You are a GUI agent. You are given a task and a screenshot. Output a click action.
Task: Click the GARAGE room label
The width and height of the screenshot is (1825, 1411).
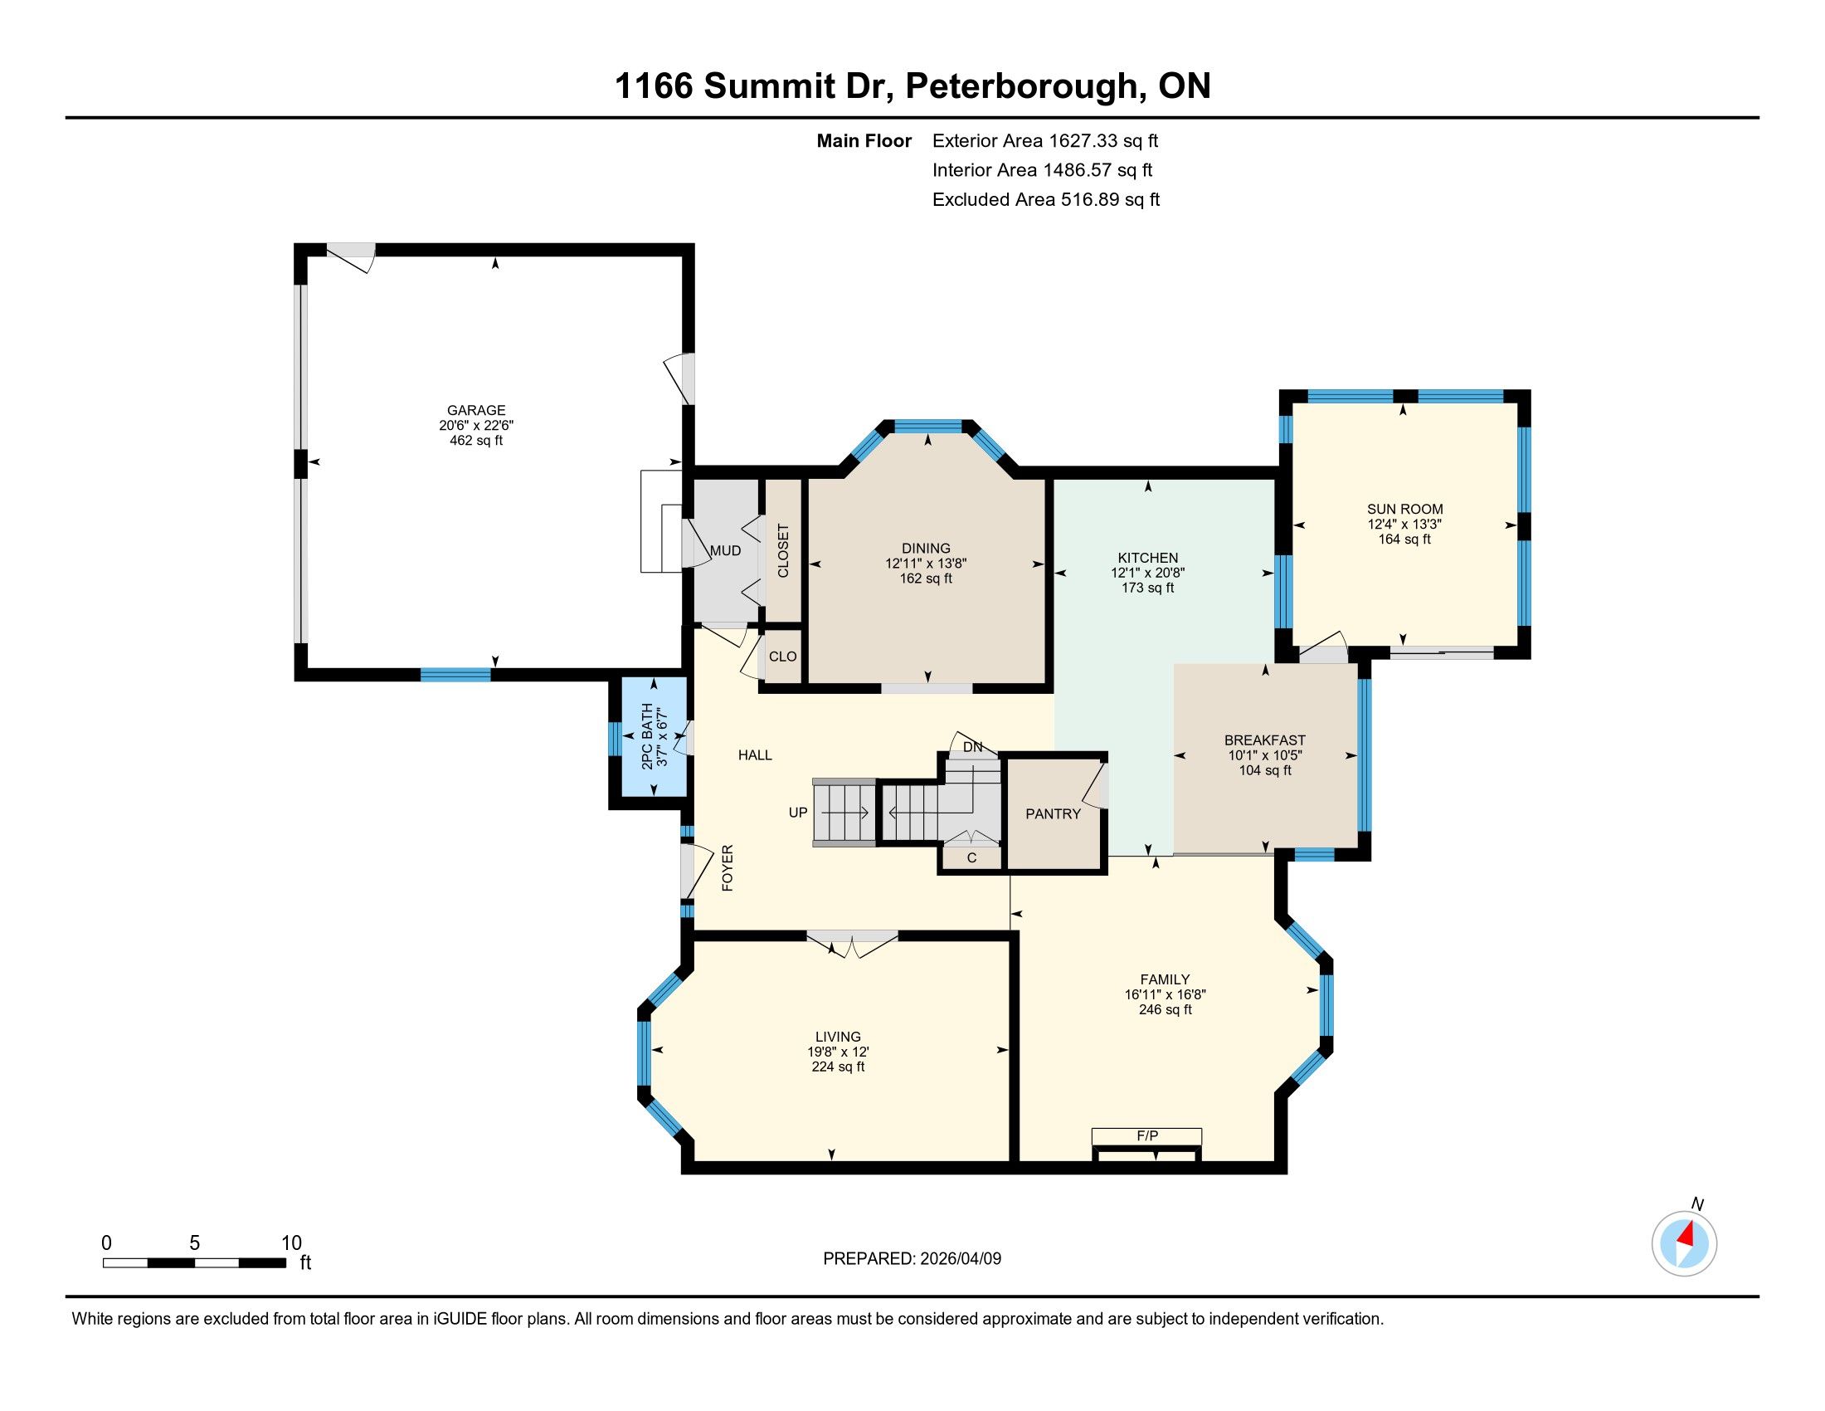476,410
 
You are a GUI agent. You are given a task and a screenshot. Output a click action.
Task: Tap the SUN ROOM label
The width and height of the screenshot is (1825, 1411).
1404,509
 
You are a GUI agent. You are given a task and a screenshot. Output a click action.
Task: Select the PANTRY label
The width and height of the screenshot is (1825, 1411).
1053,814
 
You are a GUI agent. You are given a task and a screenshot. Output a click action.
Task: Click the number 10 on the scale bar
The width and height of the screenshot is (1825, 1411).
291,1243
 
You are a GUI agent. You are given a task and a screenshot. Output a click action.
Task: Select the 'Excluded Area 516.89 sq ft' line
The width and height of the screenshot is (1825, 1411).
1045,200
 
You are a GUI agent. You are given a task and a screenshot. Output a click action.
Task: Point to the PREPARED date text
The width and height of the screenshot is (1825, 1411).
912,1259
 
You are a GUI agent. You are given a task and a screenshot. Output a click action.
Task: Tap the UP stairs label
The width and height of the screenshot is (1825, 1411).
798,813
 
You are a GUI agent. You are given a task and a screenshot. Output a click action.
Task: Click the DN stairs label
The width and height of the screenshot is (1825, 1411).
973,747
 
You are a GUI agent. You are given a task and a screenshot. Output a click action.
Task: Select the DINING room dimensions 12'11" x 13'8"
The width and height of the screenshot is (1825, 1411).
926,564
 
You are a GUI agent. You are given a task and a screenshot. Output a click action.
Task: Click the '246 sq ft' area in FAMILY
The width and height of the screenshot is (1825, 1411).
1165,1010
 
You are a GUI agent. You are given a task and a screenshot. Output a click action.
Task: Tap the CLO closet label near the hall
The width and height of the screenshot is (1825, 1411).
783,657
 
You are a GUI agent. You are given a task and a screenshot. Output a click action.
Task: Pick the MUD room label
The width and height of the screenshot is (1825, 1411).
725,551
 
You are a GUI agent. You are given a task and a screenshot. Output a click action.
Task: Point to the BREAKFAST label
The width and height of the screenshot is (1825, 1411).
1264,740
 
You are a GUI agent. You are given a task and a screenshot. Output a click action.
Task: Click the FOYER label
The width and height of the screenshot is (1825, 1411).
727,867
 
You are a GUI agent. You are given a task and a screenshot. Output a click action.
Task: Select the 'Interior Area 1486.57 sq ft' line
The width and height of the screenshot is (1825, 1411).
1042,170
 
